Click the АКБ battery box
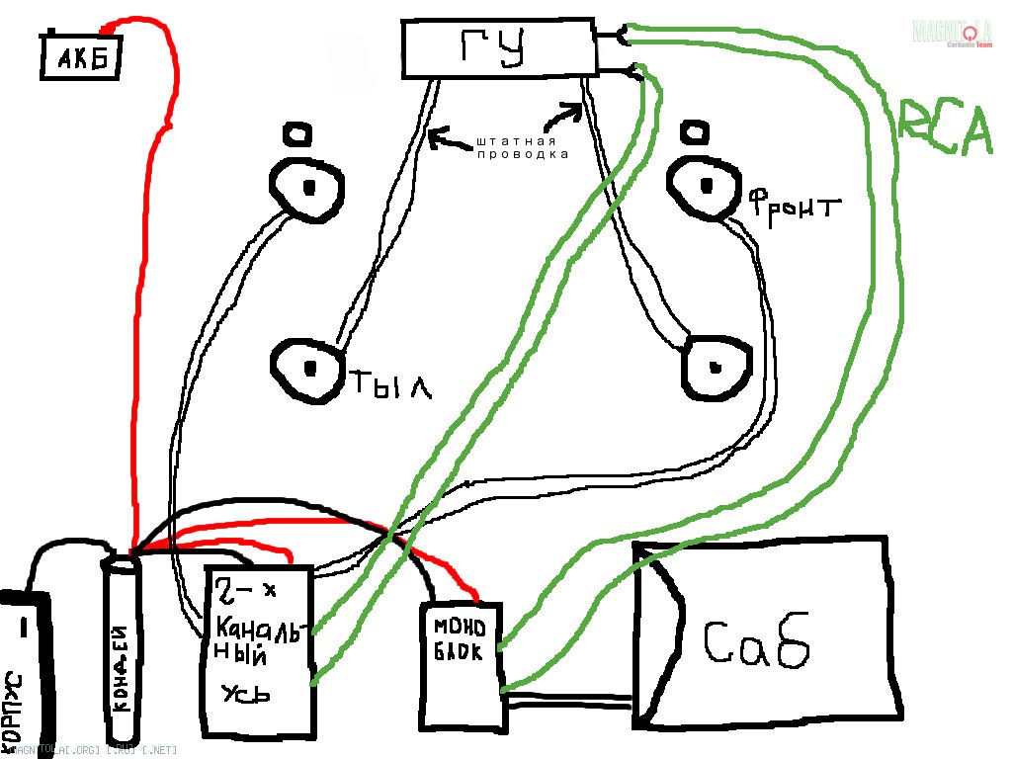[81, 58]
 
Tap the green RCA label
[944, 128]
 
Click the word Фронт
[794, 209]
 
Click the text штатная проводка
[523, 148]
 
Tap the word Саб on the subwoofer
[757, 641]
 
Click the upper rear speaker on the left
[306, 186]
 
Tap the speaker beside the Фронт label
[703, 183]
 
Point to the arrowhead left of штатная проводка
[434, 137]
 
